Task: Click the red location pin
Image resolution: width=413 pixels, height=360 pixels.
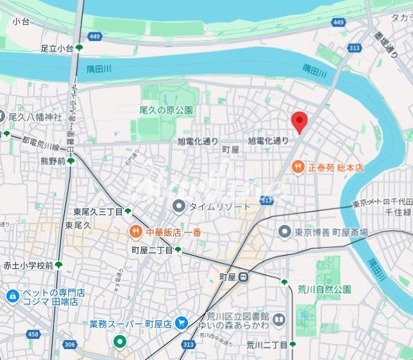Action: coord(299,121)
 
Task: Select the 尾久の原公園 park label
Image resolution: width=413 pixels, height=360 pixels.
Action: coord(166,110)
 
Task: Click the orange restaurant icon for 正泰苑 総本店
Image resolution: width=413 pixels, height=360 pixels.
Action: coord(298,167)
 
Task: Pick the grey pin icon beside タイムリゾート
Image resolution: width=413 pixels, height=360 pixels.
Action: coord(179,206)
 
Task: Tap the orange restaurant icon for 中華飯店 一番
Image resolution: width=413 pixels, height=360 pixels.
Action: coord(135,232)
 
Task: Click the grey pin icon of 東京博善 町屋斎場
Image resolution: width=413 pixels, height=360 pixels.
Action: coord(285,232)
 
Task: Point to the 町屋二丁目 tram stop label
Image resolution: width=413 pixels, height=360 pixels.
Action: coord(152,250)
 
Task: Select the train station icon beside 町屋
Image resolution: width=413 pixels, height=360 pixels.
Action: coord(244,277)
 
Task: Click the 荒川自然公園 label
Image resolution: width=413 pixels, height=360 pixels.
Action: coord(324,289)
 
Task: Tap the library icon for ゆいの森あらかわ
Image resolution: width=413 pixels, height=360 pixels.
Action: coord(278,318)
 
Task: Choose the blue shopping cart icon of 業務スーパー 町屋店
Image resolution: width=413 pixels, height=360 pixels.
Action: coord(181,324)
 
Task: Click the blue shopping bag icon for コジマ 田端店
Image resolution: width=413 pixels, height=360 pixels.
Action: coord(12,296)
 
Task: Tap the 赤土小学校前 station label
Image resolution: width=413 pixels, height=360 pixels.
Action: coord(28,265)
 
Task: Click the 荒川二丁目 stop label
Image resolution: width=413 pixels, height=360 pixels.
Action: coord(267,345)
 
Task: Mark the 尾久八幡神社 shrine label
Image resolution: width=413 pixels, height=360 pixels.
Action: coord(35,117)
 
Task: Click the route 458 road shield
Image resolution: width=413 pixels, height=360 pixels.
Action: coord(33,334)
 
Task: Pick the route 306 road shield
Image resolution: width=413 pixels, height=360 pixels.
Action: coord(69,345)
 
